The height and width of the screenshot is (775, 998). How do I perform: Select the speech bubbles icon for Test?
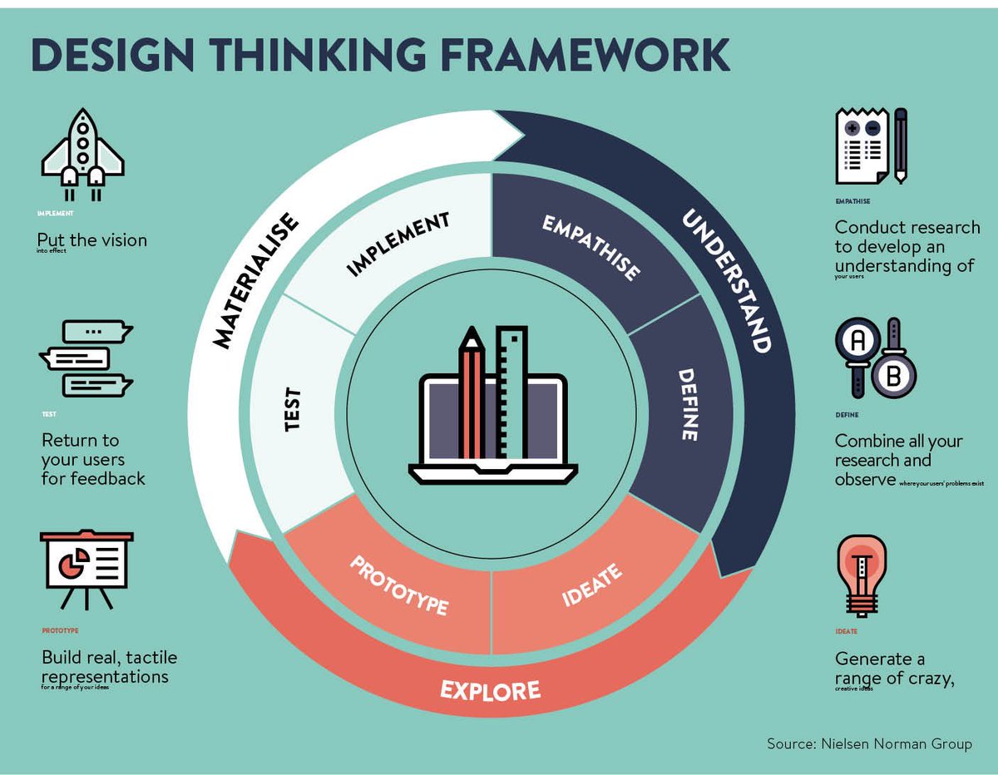pos(86,358)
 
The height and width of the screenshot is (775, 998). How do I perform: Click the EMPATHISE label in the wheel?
pos(591,248)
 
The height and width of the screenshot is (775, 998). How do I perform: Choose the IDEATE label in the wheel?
pos(591,585)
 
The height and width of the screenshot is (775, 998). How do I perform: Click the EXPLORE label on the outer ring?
pos(490,689)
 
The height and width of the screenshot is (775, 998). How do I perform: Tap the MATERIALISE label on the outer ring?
pos(255,280)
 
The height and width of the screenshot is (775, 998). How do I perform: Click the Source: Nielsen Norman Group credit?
pos(868,743)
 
